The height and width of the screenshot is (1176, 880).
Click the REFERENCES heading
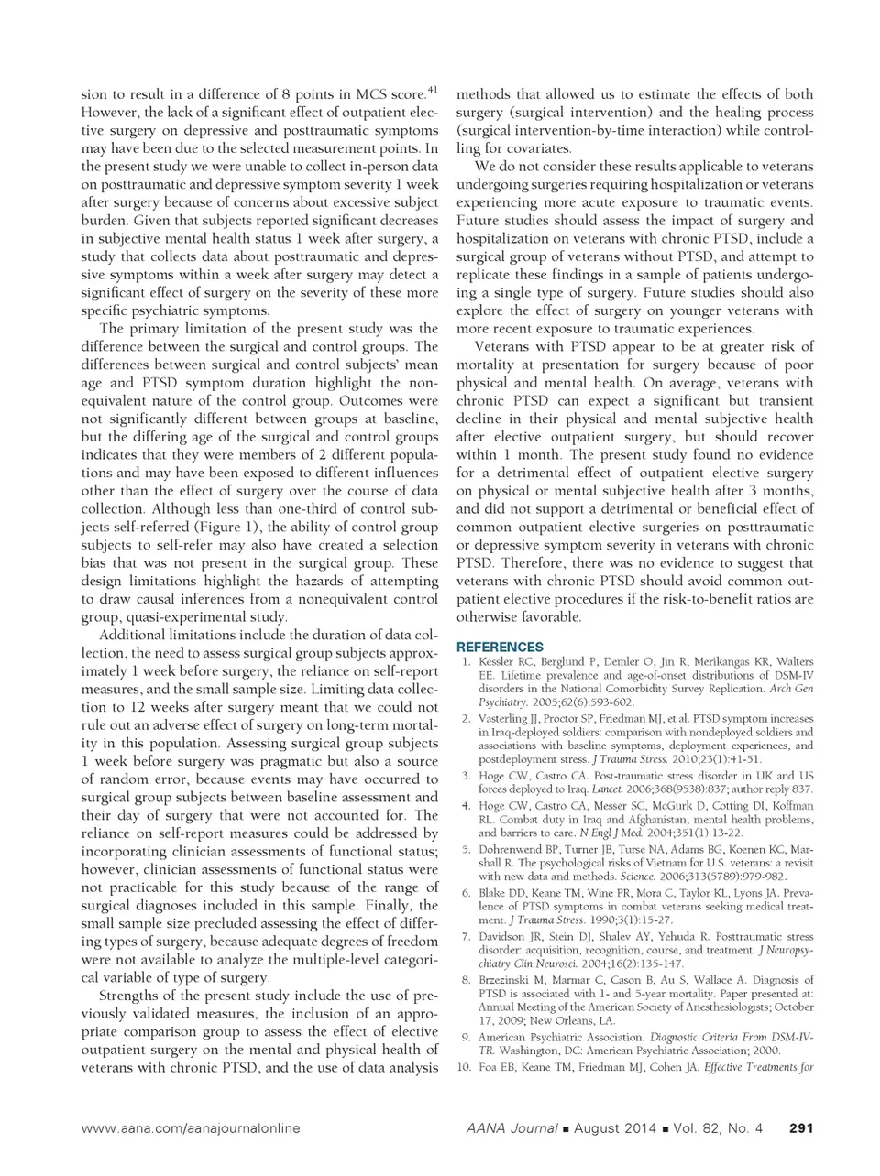tap(499, 646)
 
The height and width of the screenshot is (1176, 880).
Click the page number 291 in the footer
tap(801, 1128)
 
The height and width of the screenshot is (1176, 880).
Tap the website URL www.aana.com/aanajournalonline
tap(191, 1128)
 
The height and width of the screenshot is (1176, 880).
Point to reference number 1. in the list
tap(467, 661)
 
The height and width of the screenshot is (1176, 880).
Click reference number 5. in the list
tap(467, 850)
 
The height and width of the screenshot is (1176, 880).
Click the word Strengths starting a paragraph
tap(131, 995)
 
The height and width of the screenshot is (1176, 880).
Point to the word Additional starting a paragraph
tap(134, 635)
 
